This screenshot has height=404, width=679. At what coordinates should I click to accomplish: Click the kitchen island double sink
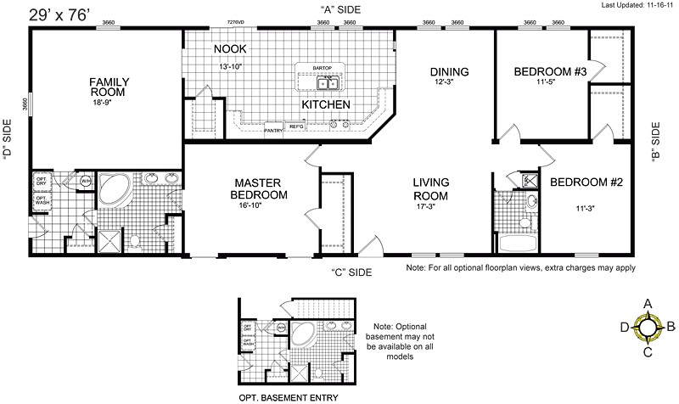pyautogui.click(x=328, y=84)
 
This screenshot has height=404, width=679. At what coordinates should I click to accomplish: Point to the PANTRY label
pyautogui.click(x=272, y=131)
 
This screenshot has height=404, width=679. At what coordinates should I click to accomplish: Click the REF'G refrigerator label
pyautogui.click(x=297, y=126)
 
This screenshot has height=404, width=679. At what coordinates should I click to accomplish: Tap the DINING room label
pyautogui.click(x=450, y=71)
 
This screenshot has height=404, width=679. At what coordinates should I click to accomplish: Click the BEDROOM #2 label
pyautogui.click(x=586, y=182)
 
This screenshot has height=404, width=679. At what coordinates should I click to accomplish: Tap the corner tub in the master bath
pyautogui.click(x=112, y=190)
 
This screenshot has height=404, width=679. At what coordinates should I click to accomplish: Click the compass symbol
pyautogui.click(x=648, y=326)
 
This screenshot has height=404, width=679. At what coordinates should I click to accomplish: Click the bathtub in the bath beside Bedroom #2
pyautogui.click(x=519, y=243)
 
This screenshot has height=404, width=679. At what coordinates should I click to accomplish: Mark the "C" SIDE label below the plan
pyautogui.click(x=352, y=272)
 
